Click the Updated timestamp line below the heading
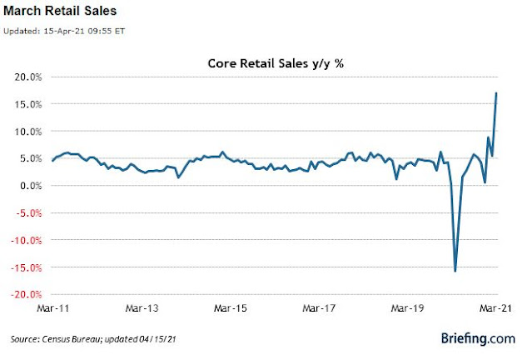pos(67,31)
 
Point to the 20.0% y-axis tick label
pos(28,77)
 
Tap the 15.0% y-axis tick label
pos(28,104)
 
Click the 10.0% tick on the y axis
pos(28,131)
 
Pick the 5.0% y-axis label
pos(31,158)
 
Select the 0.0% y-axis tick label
pos(31,185)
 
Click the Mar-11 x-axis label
pos(52,308)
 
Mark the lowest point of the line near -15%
pos(455,271)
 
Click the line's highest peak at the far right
pos(497,92)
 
